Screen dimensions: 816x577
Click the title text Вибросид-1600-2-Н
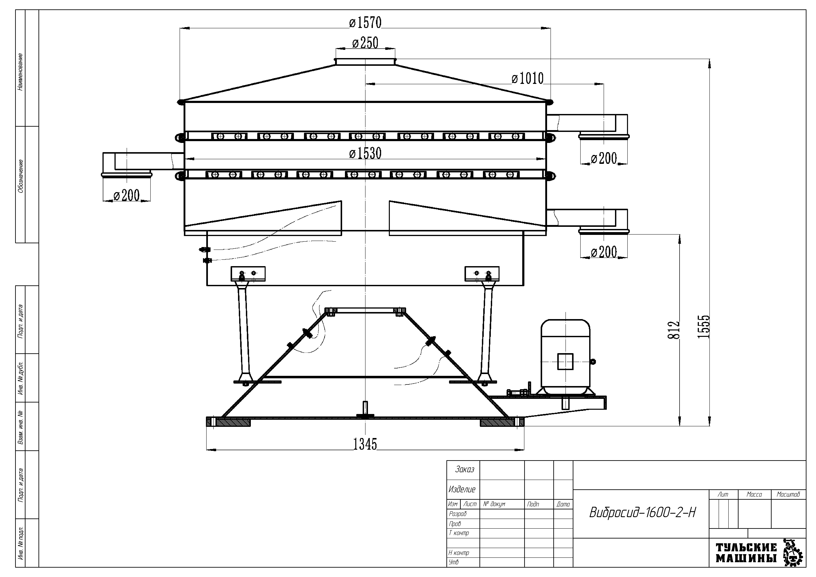643,513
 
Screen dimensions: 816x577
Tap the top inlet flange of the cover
365,62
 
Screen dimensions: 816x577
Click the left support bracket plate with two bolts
248,274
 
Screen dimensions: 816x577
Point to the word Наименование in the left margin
20,72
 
